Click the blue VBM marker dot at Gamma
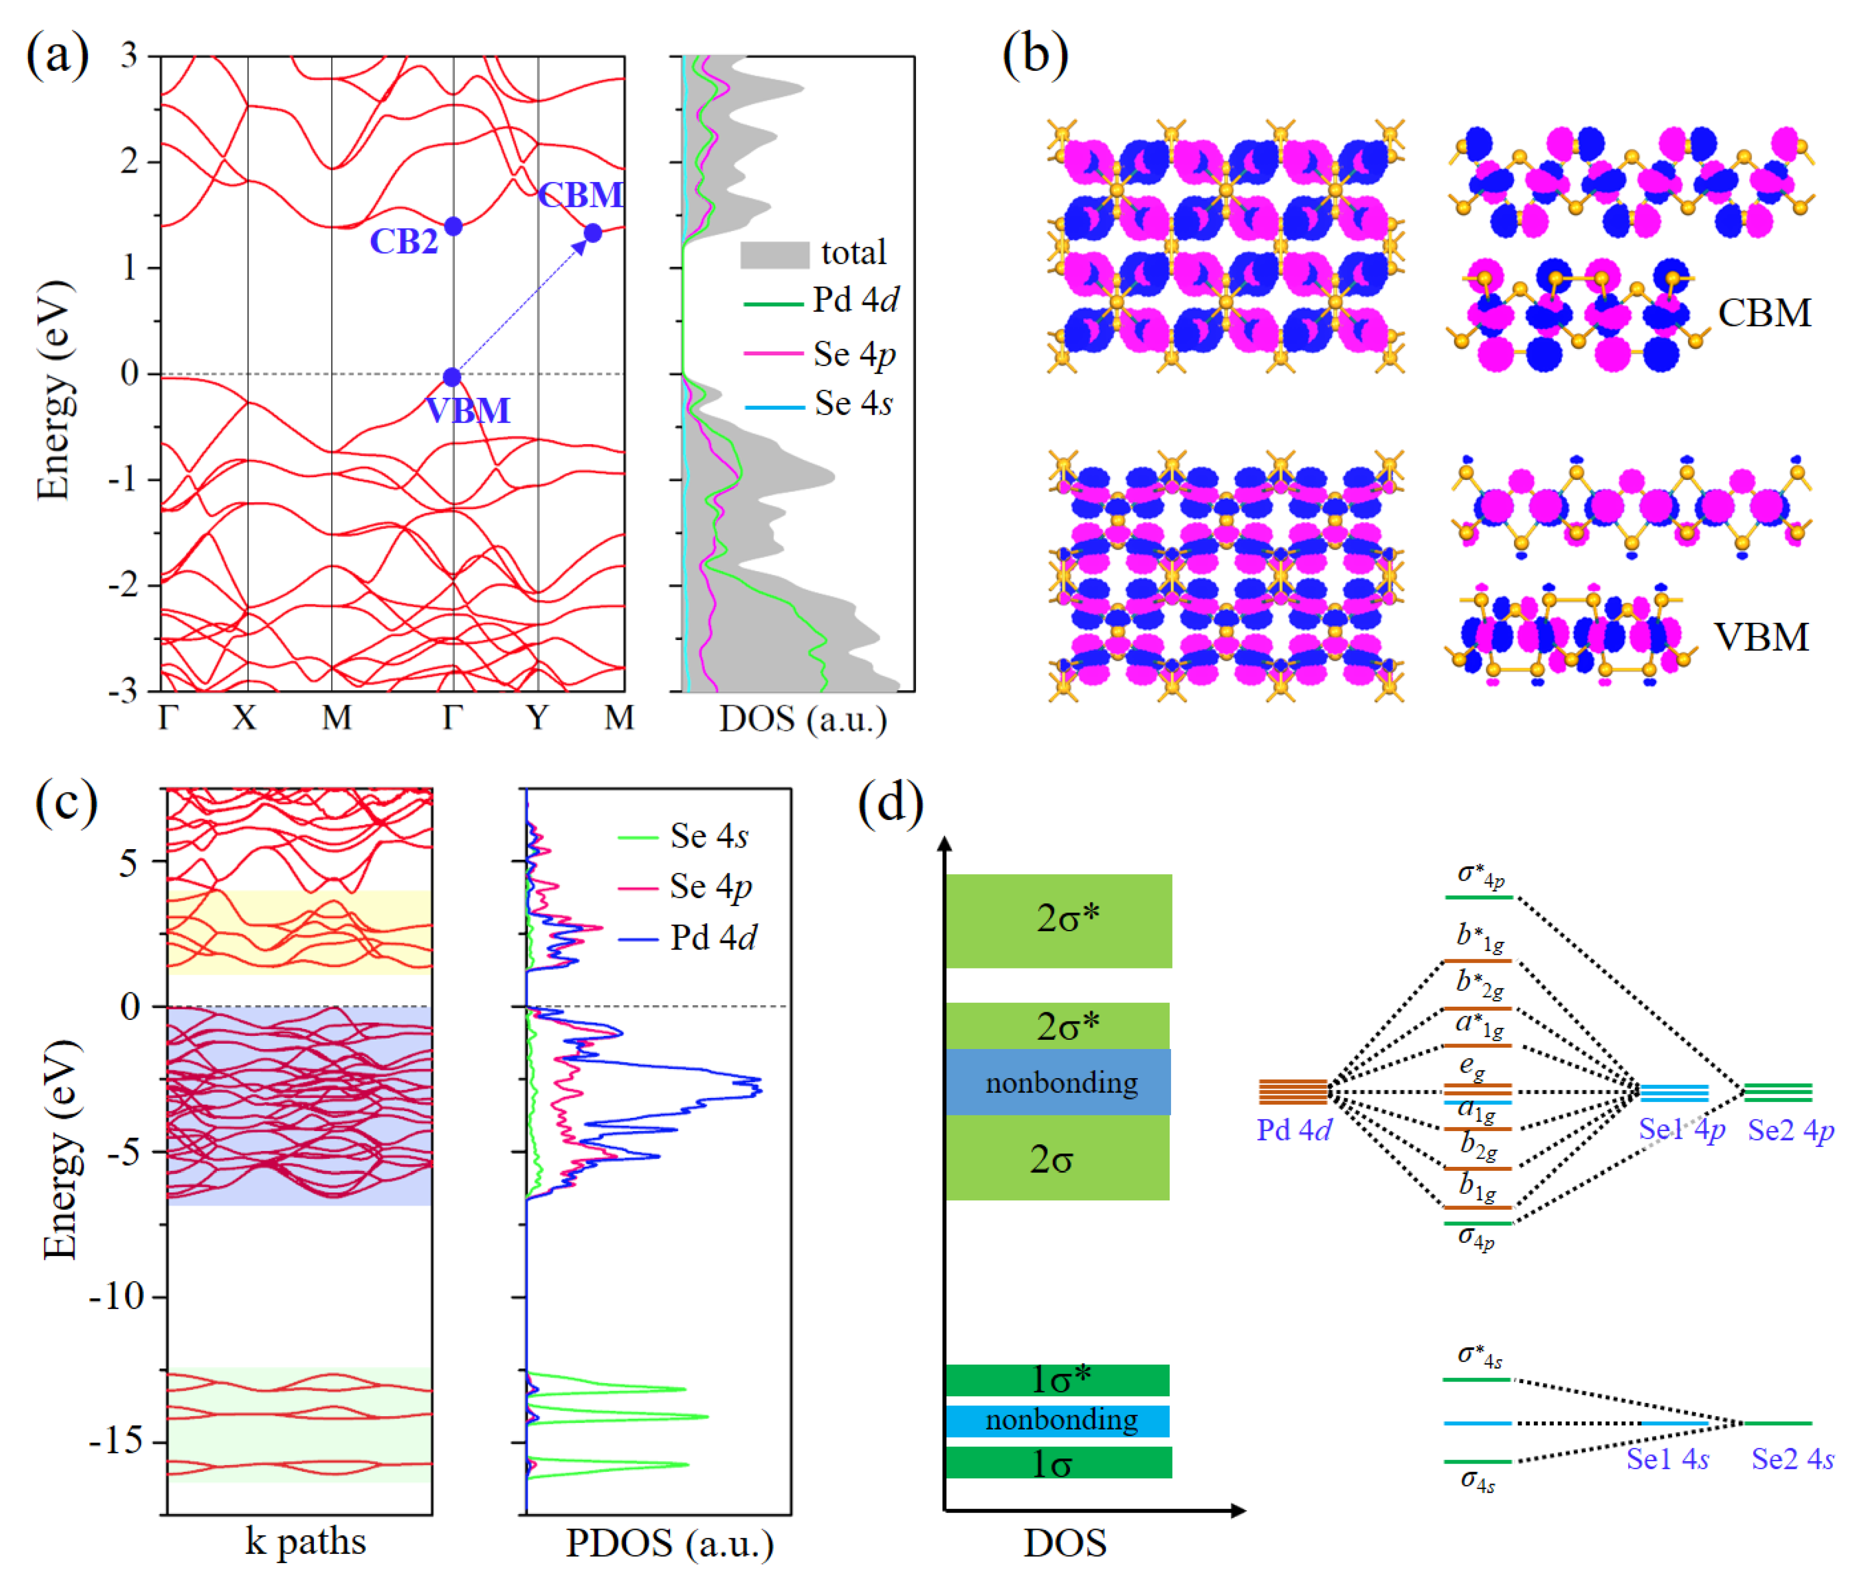[452, 377]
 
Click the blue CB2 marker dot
[454, 226]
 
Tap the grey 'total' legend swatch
[774, 254]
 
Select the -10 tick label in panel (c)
[117, 1297]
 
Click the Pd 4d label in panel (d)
[1294, 1130]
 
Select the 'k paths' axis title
[306, 1541]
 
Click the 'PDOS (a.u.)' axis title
[669, 1543]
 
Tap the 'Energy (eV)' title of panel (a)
[54, 391]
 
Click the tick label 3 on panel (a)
[129, 56]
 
